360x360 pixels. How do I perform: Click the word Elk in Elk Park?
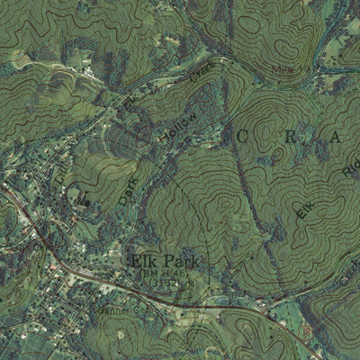click(x=142, y=263)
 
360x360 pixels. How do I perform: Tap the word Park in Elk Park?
click(x=178, y=263)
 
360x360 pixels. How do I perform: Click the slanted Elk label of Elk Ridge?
click(x=305, y=211)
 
